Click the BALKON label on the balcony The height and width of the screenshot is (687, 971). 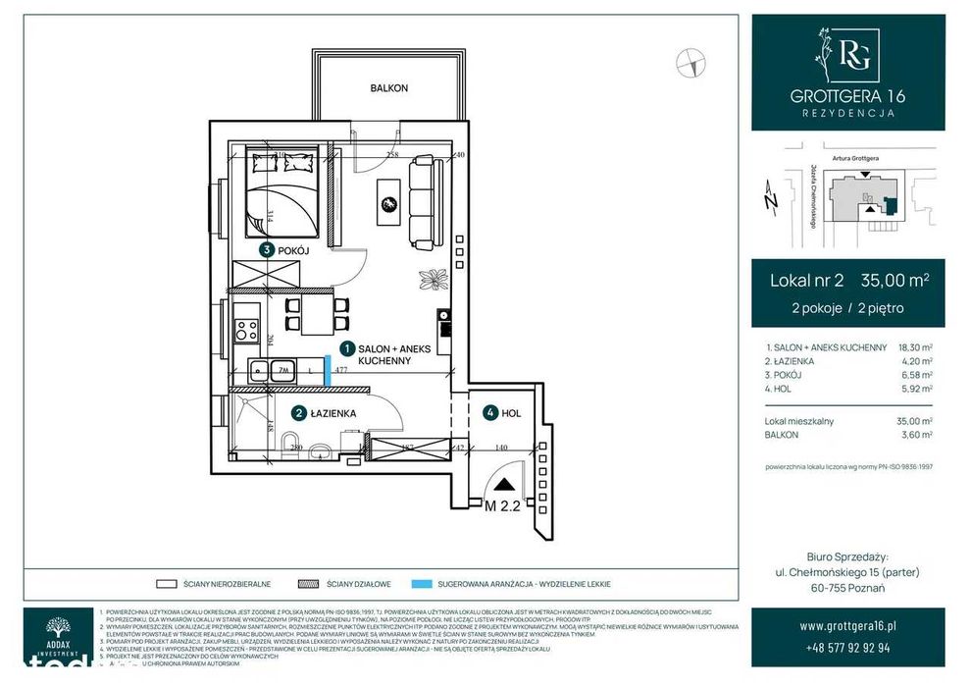[x=389, y=88]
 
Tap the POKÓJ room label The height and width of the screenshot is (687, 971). [x=293, y=251]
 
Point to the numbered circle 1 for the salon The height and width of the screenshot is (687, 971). [x=346, y=348]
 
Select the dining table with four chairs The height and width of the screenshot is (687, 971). [x=316, y=314]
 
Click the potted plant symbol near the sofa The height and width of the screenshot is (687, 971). [x=432, y=277]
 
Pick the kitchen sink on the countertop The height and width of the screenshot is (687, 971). [x=261, y=370]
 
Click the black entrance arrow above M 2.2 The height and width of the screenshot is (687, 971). [x=504, y=484]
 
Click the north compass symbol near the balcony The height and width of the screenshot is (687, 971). [x=690, y=62]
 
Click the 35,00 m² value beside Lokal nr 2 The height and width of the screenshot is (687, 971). [x=894, y=281]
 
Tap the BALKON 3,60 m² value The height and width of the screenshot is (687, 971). [x=916, y=434]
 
